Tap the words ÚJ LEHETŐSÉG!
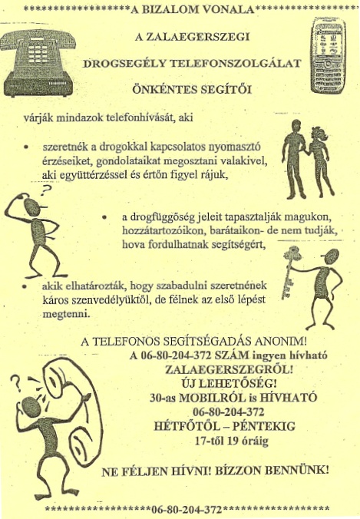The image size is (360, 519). point(213,384)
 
